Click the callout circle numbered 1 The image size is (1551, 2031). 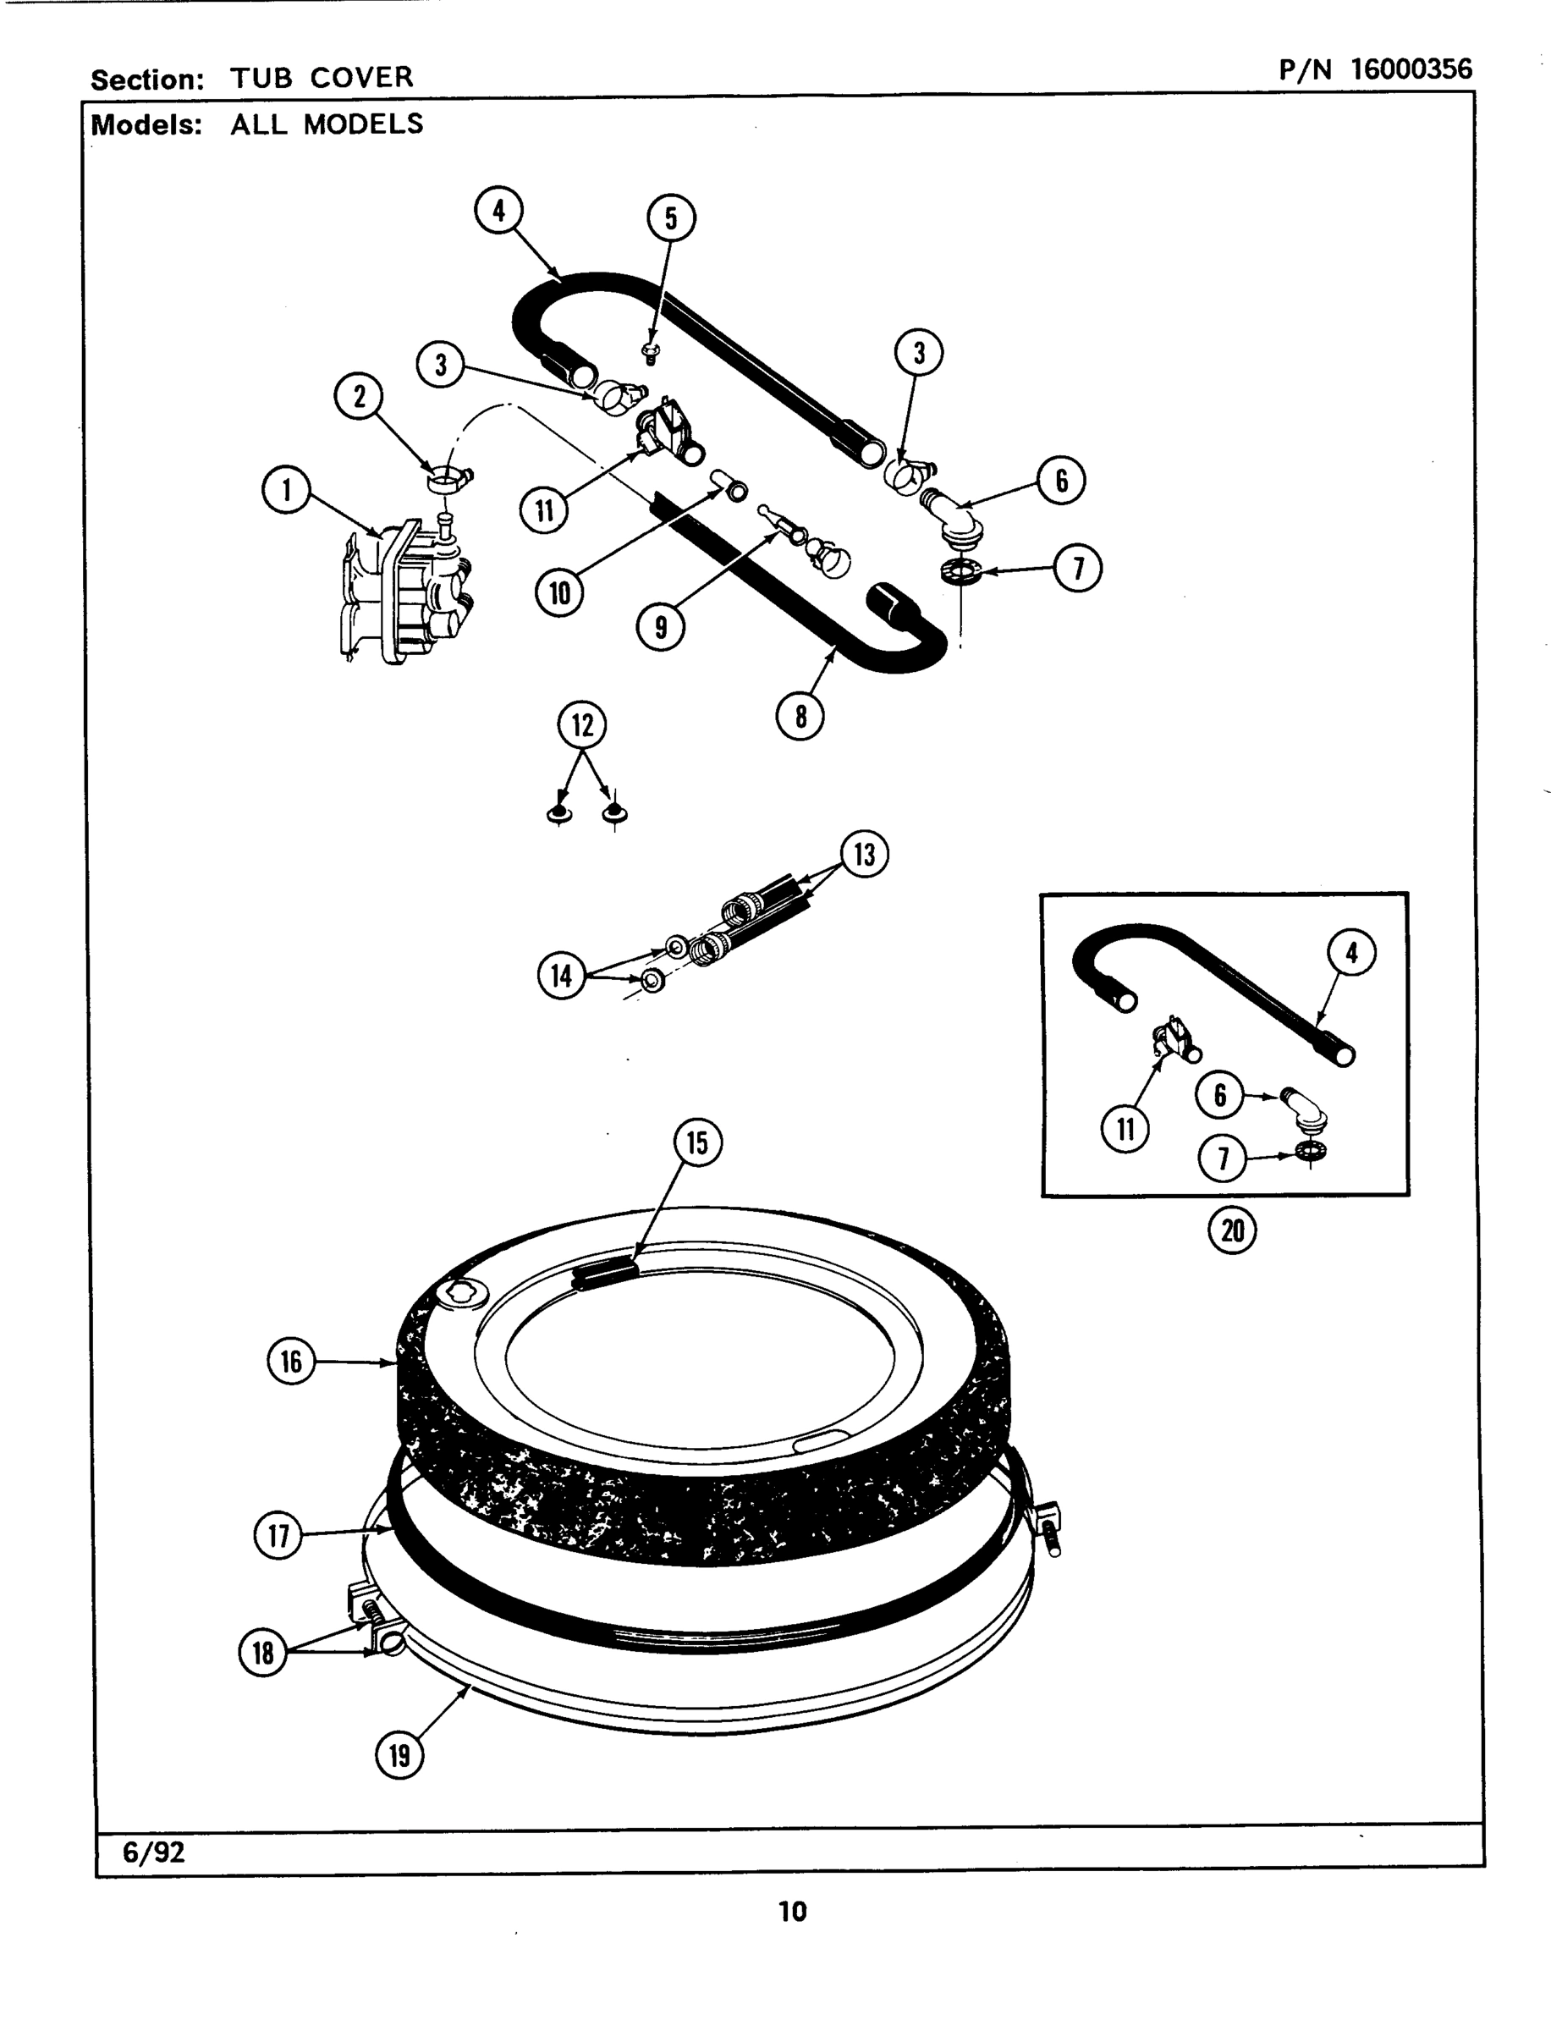tap(286, 490)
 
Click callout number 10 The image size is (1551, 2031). tap(559, 592)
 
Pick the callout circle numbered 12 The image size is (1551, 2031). tap(581, 724)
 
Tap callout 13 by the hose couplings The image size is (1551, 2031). tap(864, 854)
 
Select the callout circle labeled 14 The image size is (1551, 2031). tap(561, 976)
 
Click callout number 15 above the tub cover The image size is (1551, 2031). tap(697, 1143)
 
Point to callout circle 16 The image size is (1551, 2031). tap(291, 1361)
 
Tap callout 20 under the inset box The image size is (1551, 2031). tap(1233, 1230)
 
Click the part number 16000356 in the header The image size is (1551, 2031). tap(1411, 69)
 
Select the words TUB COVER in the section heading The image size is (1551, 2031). tap(322, 78)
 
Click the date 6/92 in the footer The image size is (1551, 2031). tap(153, 1852)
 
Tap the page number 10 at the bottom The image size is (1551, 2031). tap(792, 1911)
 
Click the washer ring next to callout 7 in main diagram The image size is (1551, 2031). tap(960, 572)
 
